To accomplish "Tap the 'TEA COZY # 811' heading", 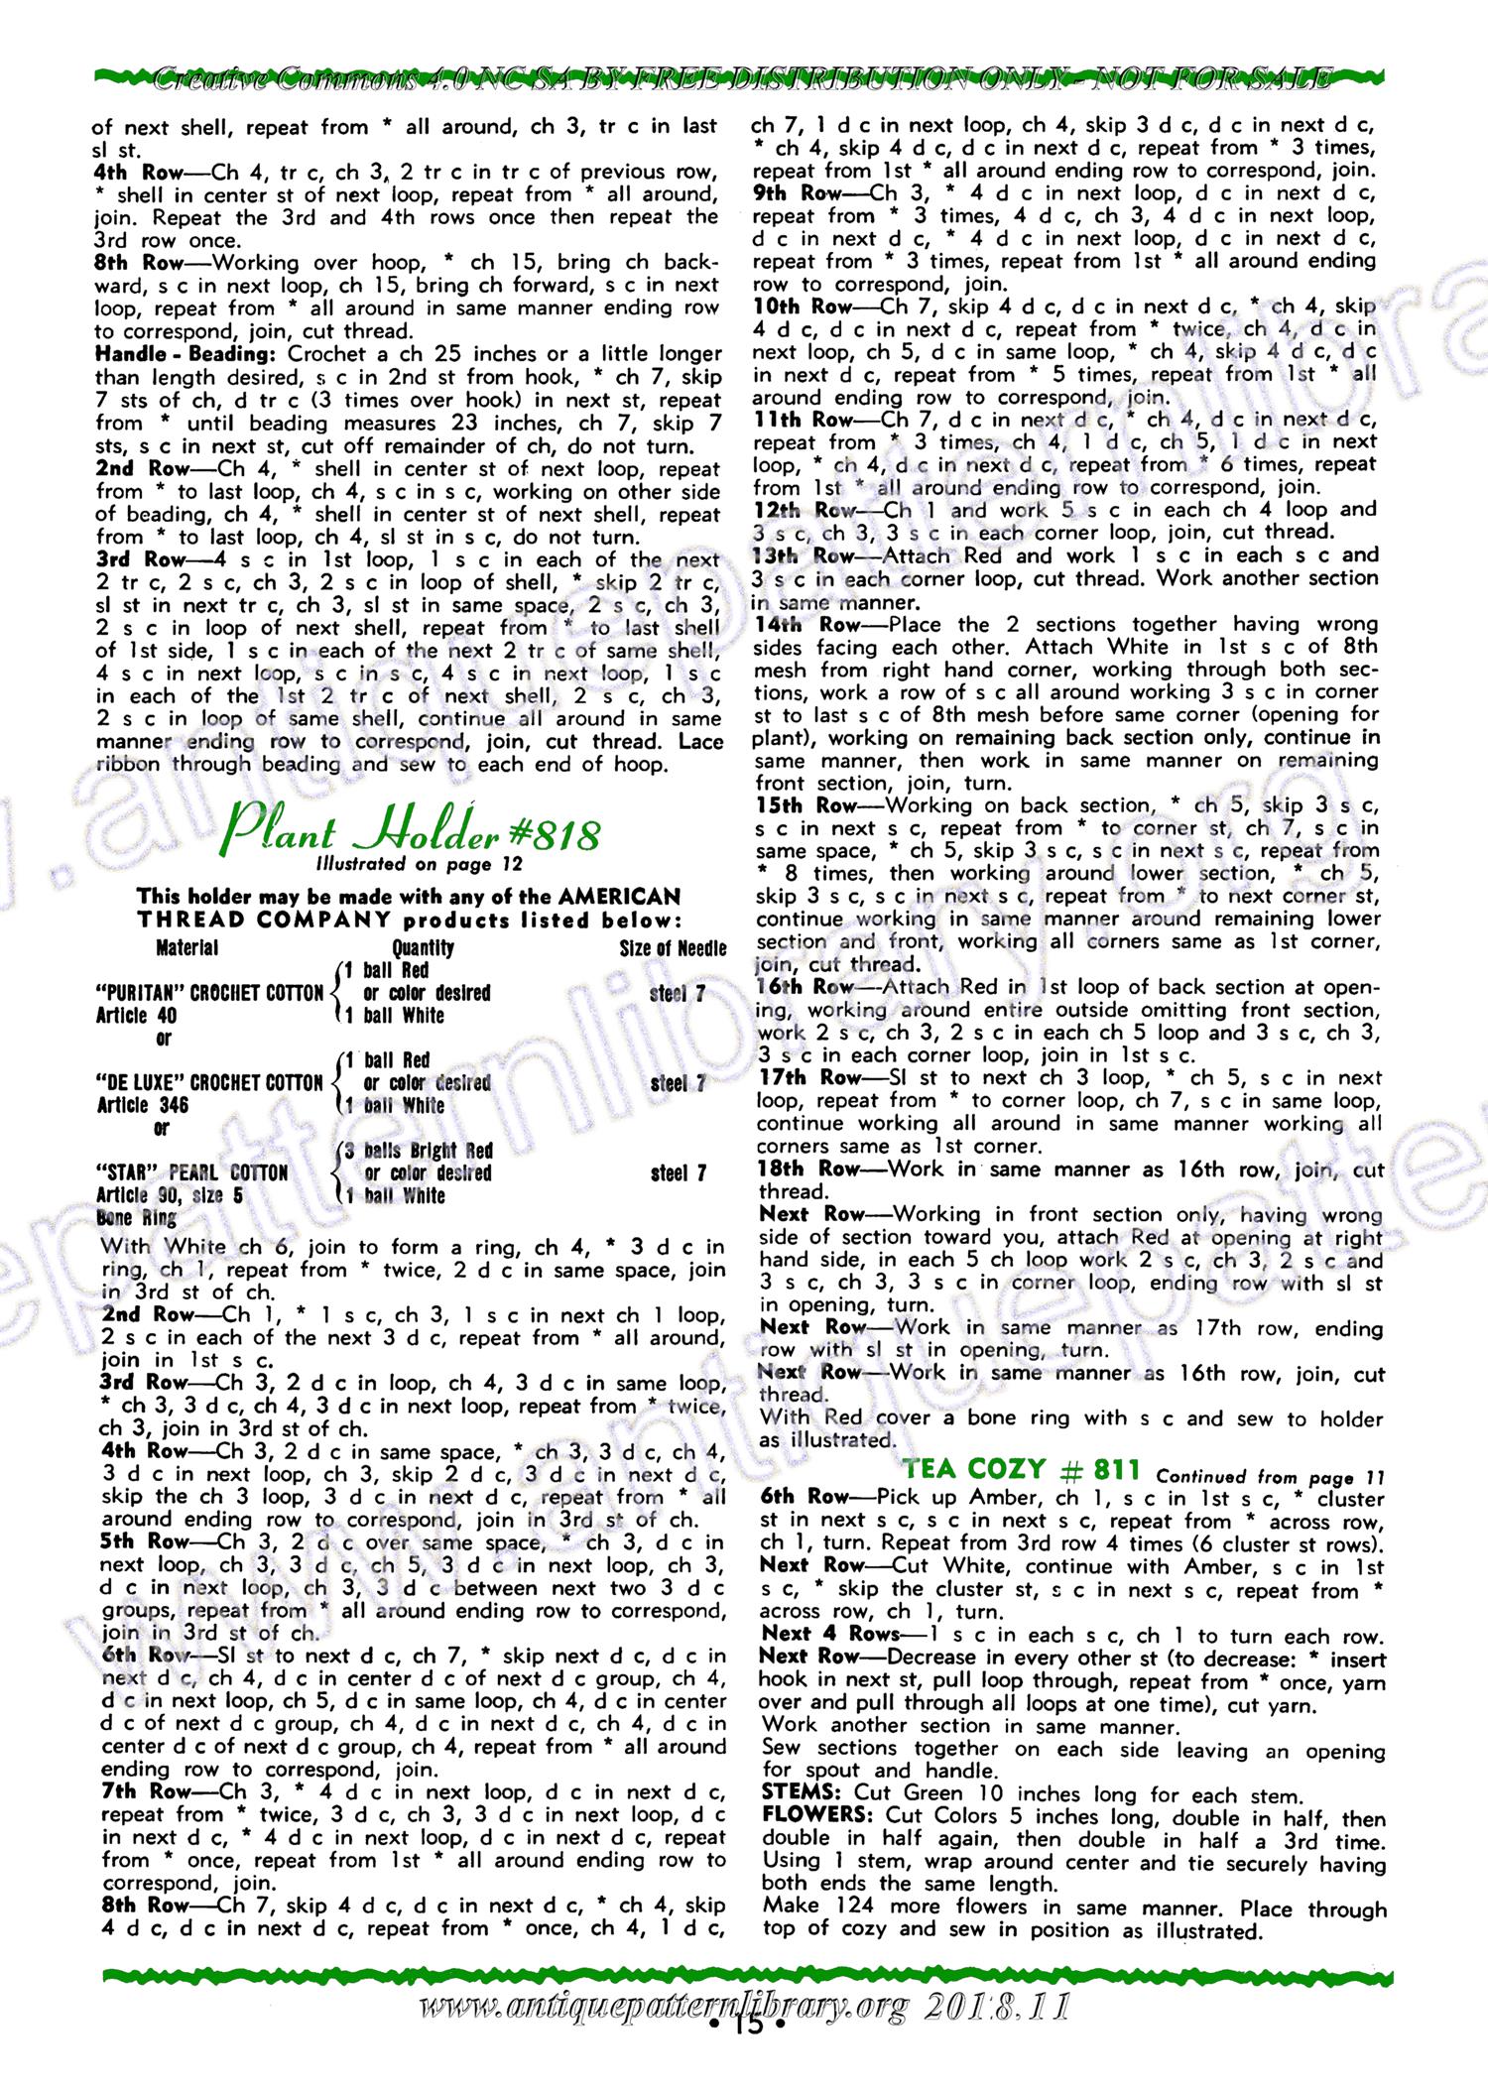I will pyautogui.click(x=1022, y=1468).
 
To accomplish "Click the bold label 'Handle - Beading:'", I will pyautogui.click(x=188, y=354).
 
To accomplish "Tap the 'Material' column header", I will pyautogui.click(x=187, y=947).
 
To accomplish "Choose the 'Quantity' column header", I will pyautogui.click(x=424, y=947).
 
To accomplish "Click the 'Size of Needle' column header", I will pyautogui.click(x=673, y=947).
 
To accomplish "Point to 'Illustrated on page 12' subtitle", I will pyautogui.click(x=418, y=865).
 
